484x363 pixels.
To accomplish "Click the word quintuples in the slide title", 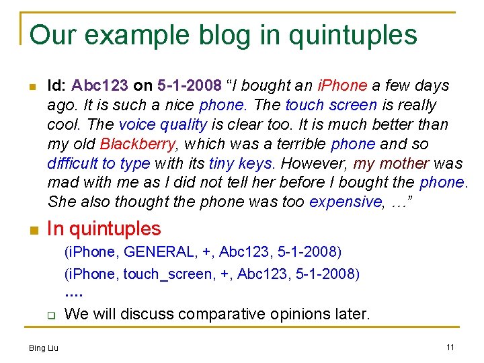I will click(x=354, y=35).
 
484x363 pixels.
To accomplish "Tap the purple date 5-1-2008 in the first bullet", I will click(x=190, y=86).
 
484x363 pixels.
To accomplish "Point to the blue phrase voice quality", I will click(x=163, y=125).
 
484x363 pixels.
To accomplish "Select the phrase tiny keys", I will click(x=240, y=163).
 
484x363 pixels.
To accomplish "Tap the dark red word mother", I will click(x=405, y=163).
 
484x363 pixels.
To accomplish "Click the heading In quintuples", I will click(x=104, y=229).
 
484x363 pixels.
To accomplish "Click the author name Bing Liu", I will click(x=43, y=348).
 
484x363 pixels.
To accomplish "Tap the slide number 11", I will click(x=450, y=347).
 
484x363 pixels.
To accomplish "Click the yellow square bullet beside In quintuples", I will click(x=32, y=231).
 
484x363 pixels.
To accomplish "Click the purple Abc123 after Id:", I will click(x=100, y=86).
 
